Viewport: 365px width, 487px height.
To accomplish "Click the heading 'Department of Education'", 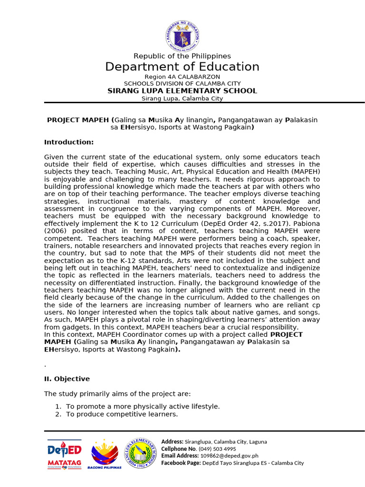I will (182, 67).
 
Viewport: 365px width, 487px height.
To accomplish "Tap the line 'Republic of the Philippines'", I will (182, 56).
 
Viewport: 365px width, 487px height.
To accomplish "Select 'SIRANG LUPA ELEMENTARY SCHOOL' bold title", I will (182, 91).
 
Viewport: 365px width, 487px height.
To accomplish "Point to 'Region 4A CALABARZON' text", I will (182, 77).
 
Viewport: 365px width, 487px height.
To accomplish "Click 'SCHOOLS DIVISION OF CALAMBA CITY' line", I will (182, 84).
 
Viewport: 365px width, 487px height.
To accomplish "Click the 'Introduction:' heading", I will (69, 142).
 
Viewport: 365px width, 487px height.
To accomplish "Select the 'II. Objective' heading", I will (67, 379).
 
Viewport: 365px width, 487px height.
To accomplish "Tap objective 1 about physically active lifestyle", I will (143, 407).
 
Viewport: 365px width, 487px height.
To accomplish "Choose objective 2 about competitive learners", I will (122, 414).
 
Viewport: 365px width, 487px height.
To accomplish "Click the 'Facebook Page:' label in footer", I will (181, 463).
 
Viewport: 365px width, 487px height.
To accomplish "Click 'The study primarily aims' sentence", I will (117, 394).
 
